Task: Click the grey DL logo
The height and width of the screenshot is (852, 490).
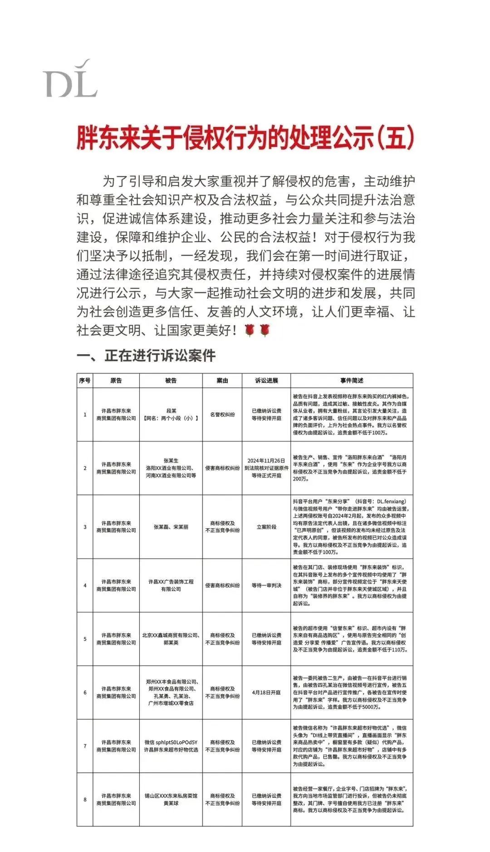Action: click(70, 79)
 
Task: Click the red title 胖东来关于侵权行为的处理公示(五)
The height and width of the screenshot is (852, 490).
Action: click(245, 138)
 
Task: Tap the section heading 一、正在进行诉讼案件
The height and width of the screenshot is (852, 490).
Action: click(146, 356)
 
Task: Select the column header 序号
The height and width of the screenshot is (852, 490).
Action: click(85, 380)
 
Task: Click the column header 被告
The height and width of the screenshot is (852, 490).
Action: click(171, 380)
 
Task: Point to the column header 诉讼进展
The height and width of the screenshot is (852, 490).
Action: click(266, 380)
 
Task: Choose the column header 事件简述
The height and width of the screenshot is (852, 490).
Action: click(352, 380)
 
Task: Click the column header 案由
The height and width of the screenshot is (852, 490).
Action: click(222, 380)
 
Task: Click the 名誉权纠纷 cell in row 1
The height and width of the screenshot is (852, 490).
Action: click(222, 414)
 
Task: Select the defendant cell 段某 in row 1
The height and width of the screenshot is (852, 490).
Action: click(171, 414)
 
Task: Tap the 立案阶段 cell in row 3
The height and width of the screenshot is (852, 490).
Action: click(266, 527)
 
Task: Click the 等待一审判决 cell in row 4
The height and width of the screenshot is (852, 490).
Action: click(266, 585)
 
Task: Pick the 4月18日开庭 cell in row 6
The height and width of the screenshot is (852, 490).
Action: click(266, 692)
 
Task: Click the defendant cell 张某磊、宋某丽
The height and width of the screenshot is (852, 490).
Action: click(171, 527)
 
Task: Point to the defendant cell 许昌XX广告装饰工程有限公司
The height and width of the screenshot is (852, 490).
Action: click(171, 585)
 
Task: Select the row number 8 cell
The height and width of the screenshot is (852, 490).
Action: click(85, 799)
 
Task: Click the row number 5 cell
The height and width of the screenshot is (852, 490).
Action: click(85, 639)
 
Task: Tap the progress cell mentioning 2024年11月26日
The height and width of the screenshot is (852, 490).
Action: click(266, 468)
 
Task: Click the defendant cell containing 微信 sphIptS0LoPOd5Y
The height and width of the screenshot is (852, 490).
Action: click(171, 746)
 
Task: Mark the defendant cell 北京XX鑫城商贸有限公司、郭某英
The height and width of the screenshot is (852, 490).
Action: click(171, 639)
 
